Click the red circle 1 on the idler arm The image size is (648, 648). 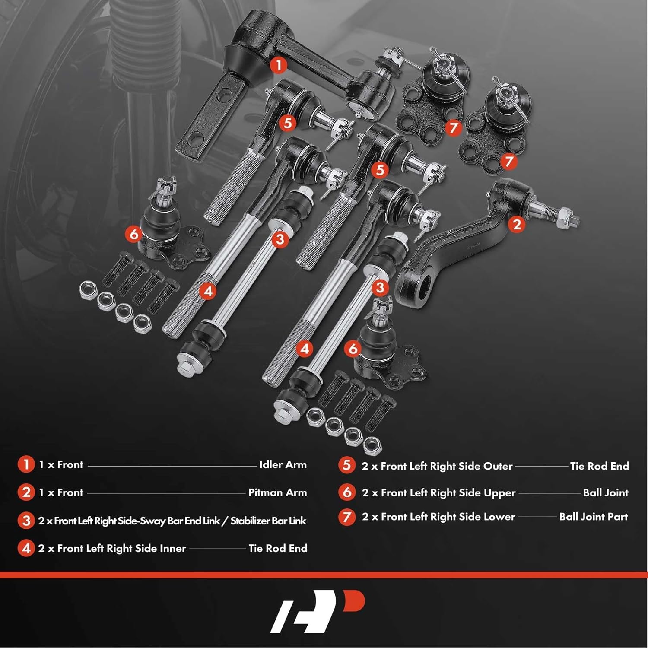coord(279,65)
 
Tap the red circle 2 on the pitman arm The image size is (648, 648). coord(517,224)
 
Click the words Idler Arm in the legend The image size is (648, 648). coord(283,465)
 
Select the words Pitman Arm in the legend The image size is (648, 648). coord(277,492)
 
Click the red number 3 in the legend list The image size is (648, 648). coord(26,521)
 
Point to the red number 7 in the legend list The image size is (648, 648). coord(346,517)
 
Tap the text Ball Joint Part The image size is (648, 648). coord(593,517)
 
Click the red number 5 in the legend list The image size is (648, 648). coord(346,465)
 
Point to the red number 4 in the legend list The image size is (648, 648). coord(26,548)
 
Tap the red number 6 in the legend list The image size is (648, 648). coord(346,492)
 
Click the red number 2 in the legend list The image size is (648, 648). coord(26,492)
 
